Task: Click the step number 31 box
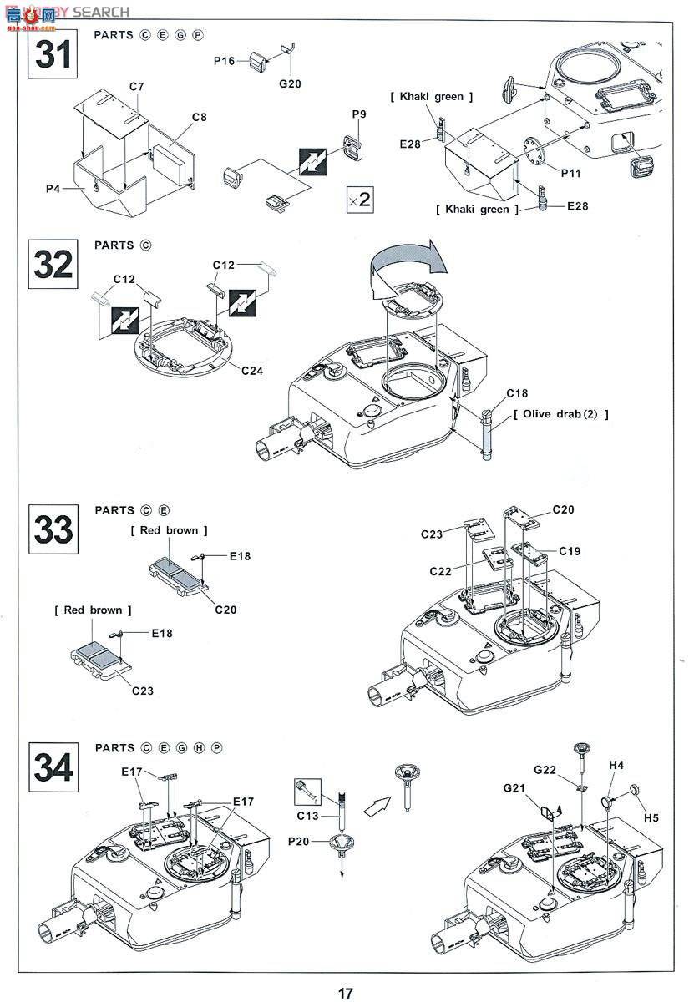(53, 54)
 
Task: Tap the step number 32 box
(53, 264)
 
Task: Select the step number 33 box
(53, 529)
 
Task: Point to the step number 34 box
(53, 766)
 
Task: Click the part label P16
(225, 60)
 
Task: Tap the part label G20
(289, 83)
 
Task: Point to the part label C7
(137, 87)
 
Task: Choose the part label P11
(571, 173)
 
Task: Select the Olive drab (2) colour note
(561, 414)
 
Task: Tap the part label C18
(517, 393)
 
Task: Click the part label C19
(570, 551)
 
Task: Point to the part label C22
(442, 571)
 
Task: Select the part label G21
(514, 787)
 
